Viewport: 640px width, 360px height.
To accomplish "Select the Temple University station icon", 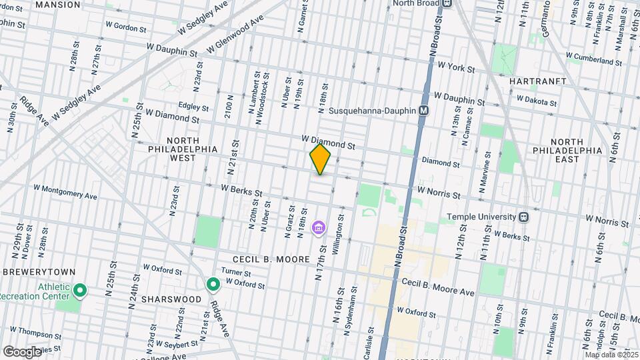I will [x=524, y=217].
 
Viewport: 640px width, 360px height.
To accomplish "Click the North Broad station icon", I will [x=447, y=3].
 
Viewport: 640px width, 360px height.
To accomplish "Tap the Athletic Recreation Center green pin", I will [x=80, y=289].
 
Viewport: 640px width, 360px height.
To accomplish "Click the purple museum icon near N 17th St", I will [x=319, y=229].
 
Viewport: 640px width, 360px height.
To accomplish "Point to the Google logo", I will [x=21, y=351].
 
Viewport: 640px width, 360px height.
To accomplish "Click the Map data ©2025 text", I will [x=609, y=355].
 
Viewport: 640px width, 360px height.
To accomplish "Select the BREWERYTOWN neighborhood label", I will [x=41, y=273].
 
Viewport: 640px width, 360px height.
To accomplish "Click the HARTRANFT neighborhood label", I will [x=537, y=81].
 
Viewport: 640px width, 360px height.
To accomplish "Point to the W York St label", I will [x=456, y=67].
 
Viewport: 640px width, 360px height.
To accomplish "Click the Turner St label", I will [x=236, y=273].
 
